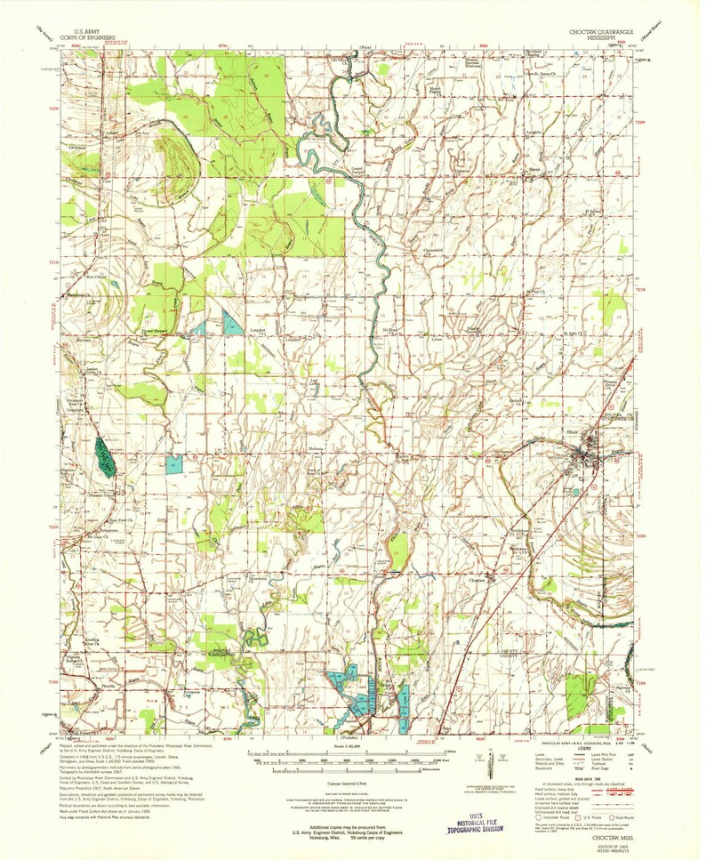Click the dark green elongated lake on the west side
click(104, 457)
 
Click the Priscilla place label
click(85, 687)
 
